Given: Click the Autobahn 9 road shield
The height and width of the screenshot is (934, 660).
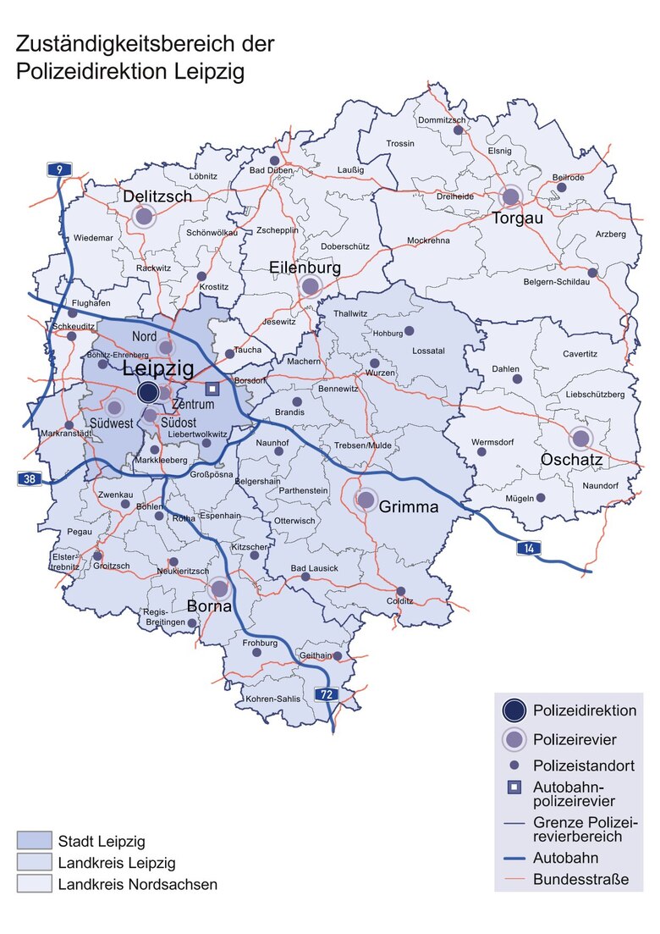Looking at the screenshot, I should pyautogui.click(x=58, y=169).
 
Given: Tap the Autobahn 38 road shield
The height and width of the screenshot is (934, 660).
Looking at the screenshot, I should pyautogui.click(x=30, y=479).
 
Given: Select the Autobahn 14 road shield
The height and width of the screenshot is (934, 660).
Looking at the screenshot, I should pyautogui.click(x=530, y=550).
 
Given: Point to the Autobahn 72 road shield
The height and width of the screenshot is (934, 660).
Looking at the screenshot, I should pyautogui.click(x=327, y=694).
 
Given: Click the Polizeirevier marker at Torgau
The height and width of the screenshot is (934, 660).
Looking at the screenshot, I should pyautogui.click(x=510, y=197).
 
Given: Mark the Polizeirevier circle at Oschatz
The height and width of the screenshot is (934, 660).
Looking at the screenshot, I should pyautogui.click(x=580, y=438).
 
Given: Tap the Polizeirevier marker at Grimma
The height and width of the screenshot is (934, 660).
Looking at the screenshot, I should pyautogui.click(x=366, y=500).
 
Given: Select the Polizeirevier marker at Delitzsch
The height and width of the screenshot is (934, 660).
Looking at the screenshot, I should pyautogui.click(x=144, y=216).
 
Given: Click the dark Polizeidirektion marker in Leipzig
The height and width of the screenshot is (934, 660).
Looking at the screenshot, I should pyautogui.click(x=148, y=392).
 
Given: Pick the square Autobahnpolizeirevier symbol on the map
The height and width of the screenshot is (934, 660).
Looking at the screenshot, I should pyautogui.click(x=213, y=389).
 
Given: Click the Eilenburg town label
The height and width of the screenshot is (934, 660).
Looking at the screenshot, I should pyautogui.click(x=305, y=268).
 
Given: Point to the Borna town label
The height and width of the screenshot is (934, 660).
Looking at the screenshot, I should pyautogui.click(x=210, y=607).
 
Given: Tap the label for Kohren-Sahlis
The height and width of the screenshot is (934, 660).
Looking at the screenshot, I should pyautogui.click(x=272, y=699).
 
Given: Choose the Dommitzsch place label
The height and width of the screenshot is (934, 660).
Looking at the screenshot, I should pyautogui.click(x=443, y=120).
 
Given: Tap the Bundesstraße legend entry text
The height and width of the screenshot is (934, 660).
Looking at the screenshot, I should pyautogui.click(x=580, y=879).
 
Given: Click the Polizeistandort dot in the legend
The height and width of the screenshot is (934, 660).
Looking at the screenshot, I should pyautogui.click(x=514, y=765).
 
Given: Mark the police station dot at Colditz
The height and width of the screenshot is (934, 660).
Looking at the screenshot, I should pyautogui.click(x=401, y=591).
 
